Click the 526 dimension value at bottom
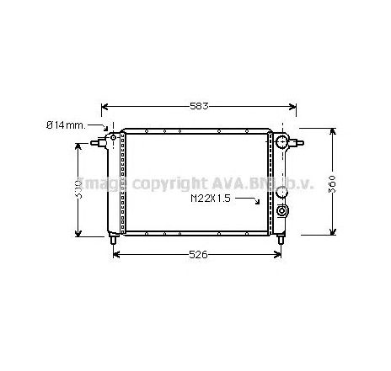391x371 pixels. pyautogui.click(x=199, y=254)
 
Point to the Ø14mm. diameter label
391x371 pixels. pyautogui.click(x=65, y=125)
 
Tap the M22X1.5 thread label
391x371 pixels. pyautogui.click(x=212, y=199)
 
